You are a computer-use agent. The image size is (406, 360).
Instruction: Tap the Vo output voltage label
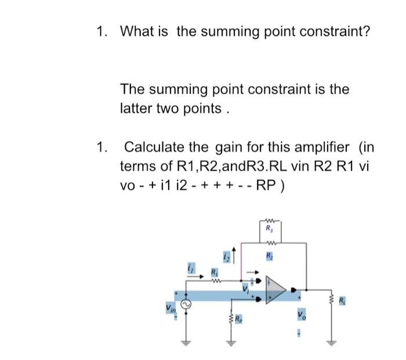300,317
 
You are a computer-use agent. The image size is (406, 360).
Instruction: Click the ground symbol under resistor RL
333,341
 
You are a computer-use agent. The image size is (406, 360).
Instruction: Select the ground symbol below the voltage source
186,341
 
